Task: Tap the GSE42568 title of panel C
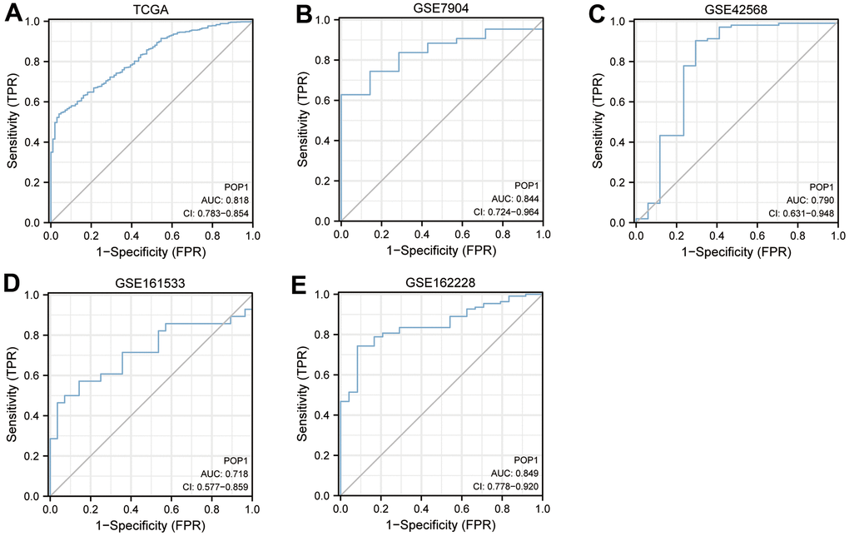tap(736, 9)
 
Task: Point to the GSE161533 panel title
tap(151, 282)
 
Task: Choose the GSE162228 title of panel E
tap(441, 282)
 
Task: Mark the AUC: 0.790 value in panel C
tap(811, 201)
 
